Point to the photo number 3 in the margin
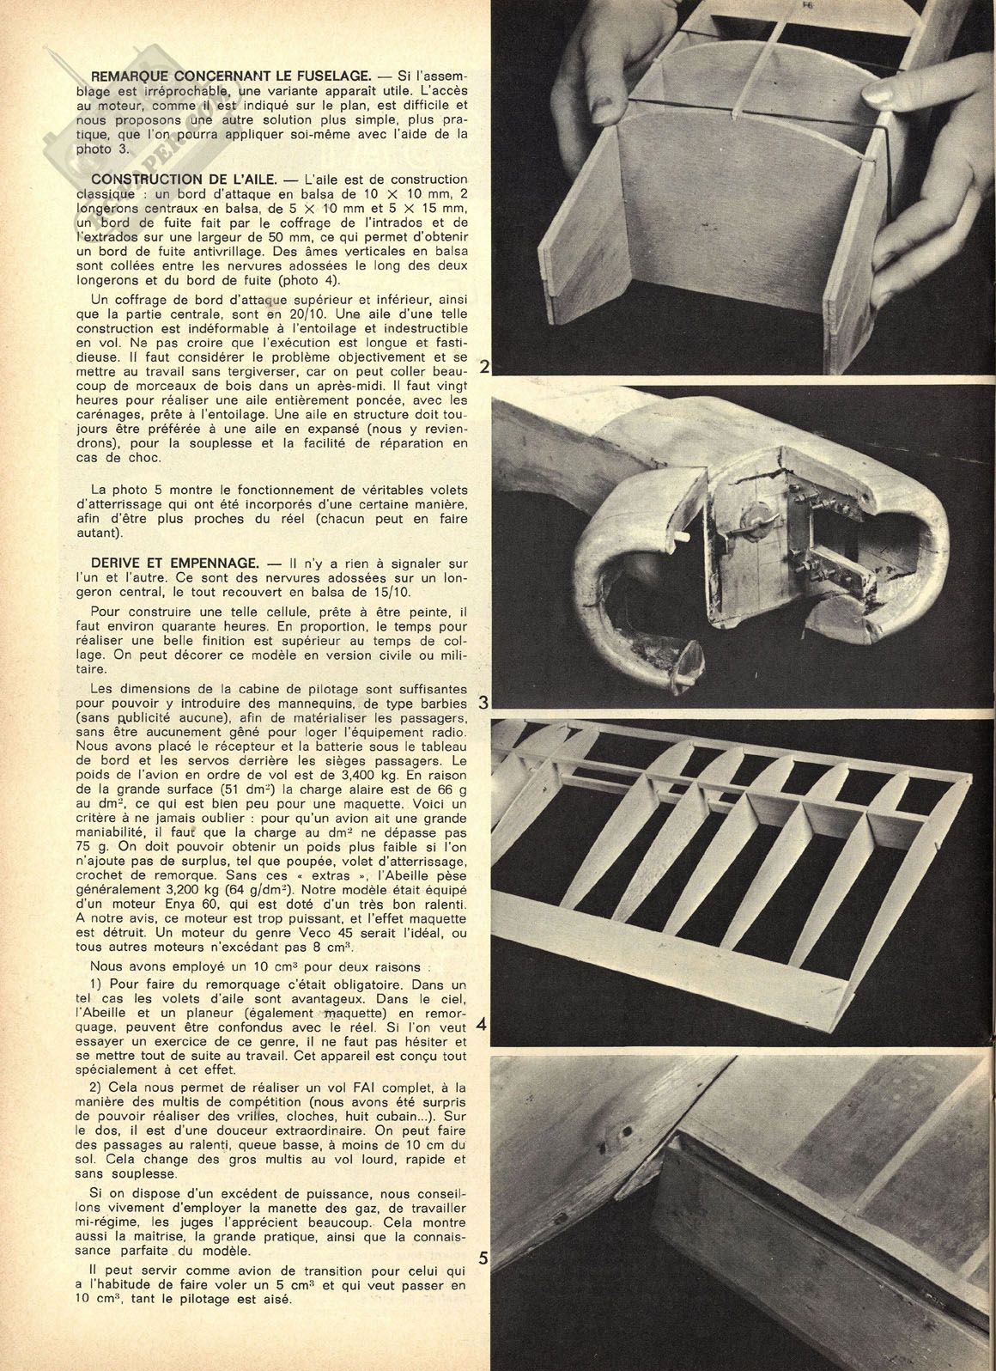483,703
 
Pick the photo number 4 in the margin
482,1025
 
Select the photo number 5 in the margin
483,1259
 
